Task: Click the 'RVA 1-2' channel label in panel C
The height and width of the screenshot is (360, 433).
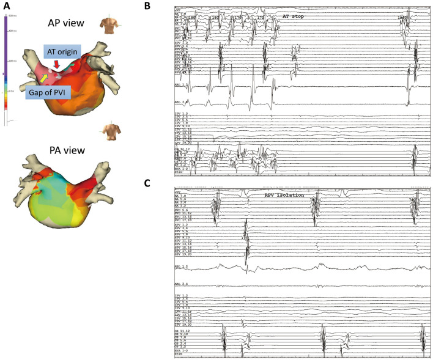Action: (x=181, y=350)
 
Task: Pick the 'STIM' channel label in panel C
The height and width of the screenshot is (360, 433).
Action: (x=179, y=354)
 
